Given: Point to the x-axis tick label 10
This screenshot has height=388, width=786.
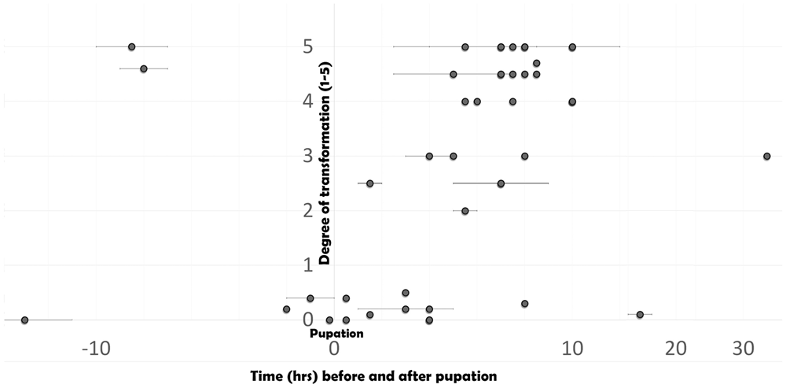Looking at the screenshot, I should coord(572,348).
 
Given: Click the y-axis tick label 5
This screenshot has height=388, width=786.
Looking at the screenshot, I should coord(308,47).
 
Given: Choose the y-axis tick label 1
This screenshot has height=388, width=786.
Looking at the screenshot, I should coord(308,265).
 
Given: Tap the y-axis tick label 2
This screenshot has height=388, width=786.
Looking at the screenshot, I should coord(308,210).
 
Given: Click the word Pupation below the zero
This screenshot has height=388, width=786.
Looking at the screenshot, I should coord(335,333).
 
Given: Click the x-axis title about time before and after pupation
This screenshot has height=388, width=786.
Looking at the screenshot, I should coord(373,375).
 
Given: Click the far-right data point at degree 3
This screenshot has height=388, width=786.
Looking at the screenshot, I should coord(766,156).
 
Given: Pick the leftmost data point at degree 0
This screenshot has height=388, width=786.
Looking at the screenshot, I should coord(24,320).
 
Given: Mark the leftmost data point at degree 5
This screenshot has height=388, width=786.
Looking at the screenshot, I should coord(131,47).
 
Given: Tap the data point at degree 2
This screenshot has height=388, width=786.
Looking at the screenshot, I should coord(465,211).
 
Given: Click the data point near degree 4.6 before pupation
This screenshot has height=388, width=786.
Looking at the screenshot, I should coord(143,68).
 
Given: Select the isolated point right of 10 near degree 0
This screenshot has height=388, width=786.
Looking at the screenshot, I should coord(640,315).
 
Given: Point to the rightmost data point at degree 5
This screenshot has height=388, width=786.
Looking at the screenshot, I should coord(572,47).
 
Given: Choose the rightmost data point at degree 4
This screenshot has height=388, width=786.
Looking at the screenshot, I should coord(572,102).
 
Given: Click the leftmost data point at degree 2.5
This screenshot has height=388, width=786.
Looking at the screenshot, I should coord(370,183).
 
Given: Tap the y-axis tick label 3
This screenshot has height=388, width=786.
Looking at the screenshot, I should coord(308,156).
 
